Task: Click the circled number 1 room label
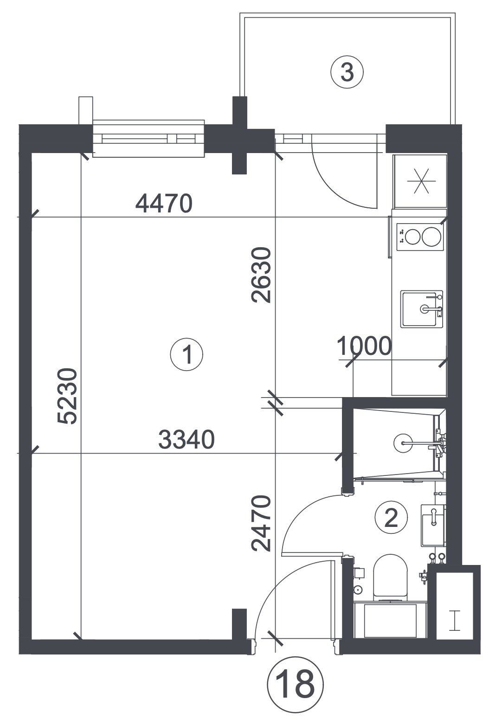coord(187,354)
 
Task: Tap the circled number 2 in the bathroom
coord(391,518)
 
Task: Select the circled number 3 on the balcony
coord(347,72)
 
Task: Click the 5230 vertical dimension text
coord(67,396)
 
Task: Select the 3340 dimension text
coord(187,440)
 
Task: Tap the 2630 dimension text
coord(261,275)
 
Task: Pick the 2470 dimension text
coord(261,523)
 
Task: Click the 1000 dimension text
coord(364,346)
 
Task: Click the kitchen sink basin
coord(421,309)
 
